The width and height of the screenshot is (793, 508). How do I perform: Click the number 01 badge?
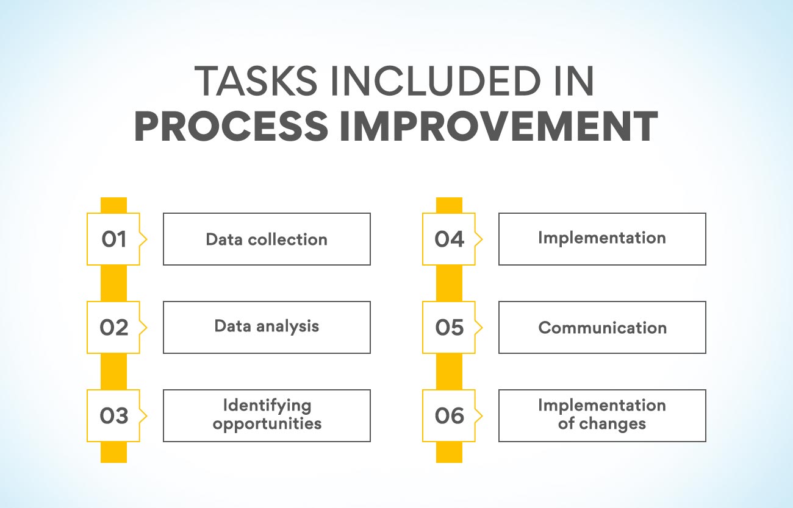[x=113, y=239]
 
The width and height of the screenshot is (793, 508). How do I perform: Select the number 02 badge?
[x=113, y=327]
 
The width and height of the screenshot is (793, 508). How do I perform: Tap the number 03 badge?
[x=113, y=416]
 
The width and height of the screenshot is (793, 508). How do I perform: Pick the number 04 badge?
[x=449, y=239]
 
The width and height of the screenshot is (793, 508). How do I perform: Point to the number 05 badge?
[x=449, y=327]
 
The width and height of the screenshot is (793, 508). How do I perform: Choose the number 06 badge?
[x=449, y=416]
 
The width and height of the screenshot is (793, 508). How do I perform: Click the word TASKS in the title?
[x=256, y=81]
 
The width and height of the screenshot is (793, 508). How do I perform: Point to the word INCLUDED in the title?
[x=436, y=81]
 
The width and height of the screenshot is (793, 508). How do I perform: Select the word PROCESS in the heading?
[x=231, y=126]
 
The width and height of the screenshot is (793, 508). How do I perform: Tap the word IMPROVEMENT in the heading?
[x=499, y=126]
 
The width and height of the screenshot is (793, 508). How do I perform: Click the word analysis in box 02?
[x=287, y=326]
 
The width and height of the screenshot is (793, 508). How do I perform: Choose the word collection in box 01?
[x=287, y=239]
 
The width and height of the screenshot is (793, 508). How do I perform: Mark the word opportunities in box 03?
[x=267, y=424]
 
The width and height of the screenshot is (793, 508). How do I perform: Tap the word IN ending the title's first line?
[x=574, y=81]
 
